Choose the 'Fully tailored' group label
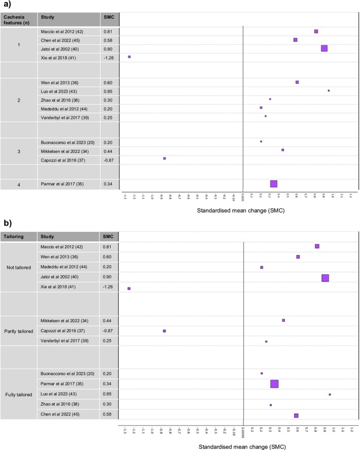pyautogui.click(x=19, y=394)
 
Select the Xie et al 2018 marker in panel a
pyautogui.click(x=129, y=57)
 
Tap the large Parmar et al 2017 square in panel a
pyautogui.click(x=274, y=184)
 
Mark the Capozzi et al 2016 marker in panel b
pyautogui.click(x=165, y=331)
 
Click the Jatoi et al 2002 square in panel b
pyautogui.click(x=325, y=278)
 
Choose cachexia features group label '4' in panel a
pyautogui.click(x=19, y=184)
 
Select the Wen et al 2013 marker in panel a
pyautogui.click(x=297, y=82)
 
